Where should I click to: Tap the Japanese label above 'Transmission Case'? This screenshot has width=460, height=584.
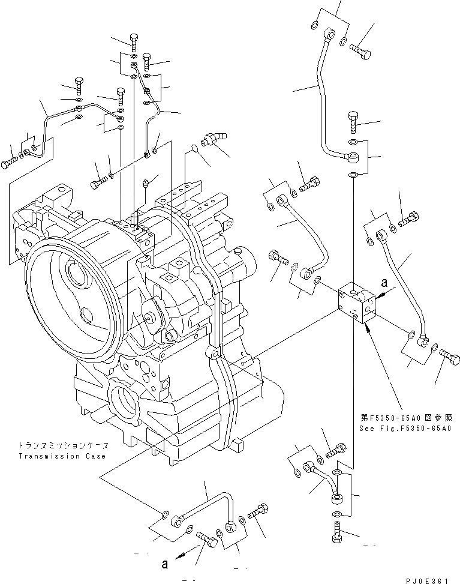pos(63,446)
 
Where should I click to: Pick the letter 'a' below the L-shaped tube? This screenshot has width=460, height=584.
pos(164,563)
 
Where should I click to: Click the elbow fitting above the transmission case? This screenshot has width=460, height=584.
pos(213,139)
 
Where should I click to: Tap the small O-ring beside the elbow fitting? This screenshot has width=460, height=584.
pos(194,148)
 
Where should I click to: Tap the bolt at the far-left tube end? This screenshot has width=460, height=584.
pos(9,163)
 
